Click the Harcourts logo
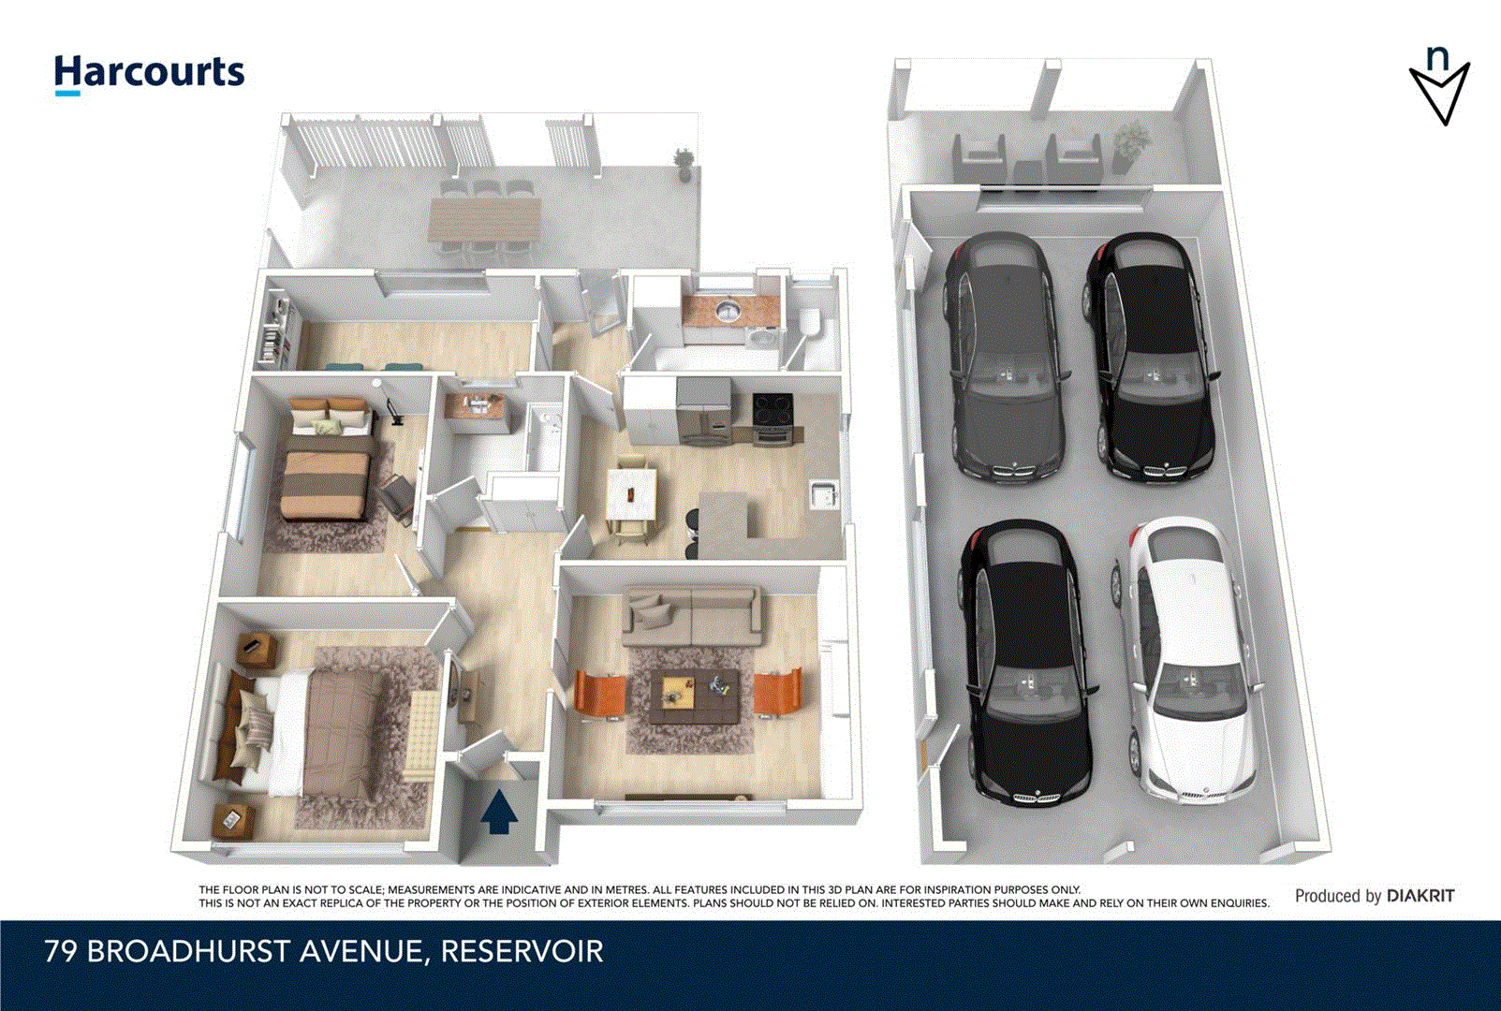[x=149, y=73]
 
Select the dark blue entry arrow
[x=499, y=811]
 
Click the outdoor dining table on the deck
[x=484, y=218]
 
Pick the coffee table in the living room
[x=693, y=698]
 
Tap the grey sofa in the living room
[x=692, y=613]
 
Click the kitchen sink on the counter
[x=822, y=493]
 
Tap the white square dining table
[x=631, y=493]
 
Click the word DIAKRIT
[x=1420, y=896]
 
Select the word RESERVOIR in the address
[x=522, y=952]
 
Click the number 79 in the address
[x=62, y=952]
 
